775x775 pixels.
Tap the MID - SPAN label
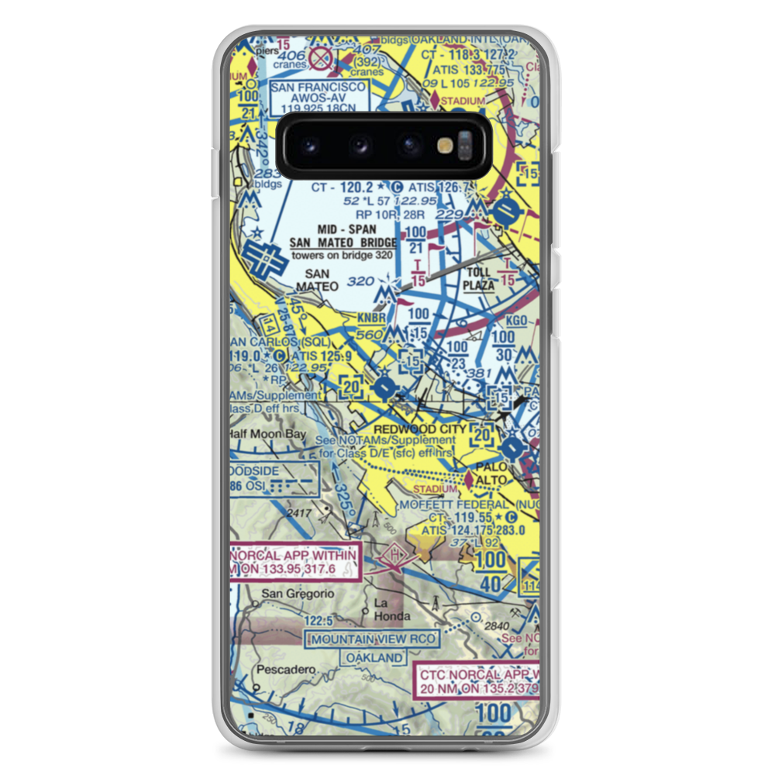tap(346, 229)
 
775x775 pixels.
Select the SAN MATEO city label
tap(322, 280)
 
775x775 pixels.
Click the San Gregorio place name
tap(298, 594)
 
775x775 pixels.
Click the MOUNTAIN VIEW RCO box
tap(373, 639)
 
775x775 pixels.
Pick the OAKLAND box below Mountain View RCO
tap(375, 658)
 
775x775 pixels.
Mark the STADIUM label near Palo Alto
tap(434, 490)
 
